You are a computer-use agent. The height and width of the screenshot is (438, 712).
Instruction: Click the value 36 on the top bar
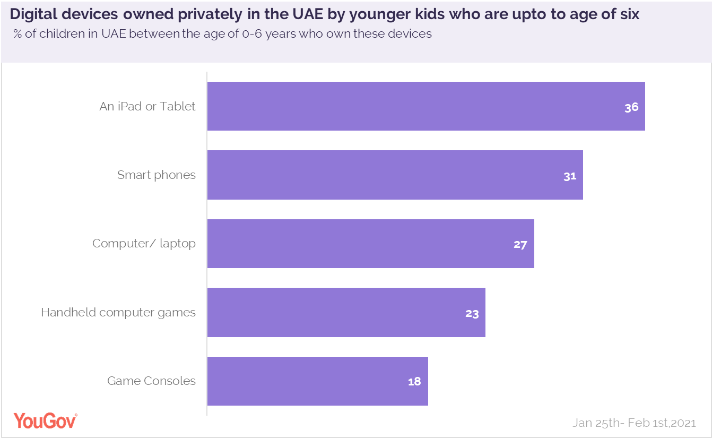631,107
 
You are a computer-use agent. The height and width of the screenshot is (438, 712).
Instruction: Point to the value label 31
570,176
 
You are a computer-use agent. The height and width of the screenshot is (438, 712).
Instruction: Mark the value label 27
520,245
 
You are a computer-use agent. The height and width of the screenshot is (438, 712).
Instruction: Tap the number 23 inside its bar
472,313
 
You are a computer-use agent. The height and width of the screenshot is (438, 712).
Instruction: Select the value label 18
414,382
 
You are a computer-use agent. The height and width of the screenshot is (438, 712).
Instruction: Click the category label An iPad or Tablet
147,106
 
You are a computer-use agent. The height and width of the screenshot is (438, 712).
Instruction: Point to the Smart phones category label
157,175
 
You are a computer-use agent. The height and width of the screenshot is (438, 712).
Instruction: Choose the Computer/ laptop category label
144,244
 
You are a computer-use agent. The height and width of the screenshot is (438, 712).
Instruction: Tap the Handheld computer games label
118,312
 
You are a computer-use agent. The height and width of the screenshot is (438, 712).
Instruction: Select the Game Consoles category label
151,381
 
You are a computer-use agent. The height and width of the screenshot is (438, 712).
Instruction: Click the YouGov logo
45,420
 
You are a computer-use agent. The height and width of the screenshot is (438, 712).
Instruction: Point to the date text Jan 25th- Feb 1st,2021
634,423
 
